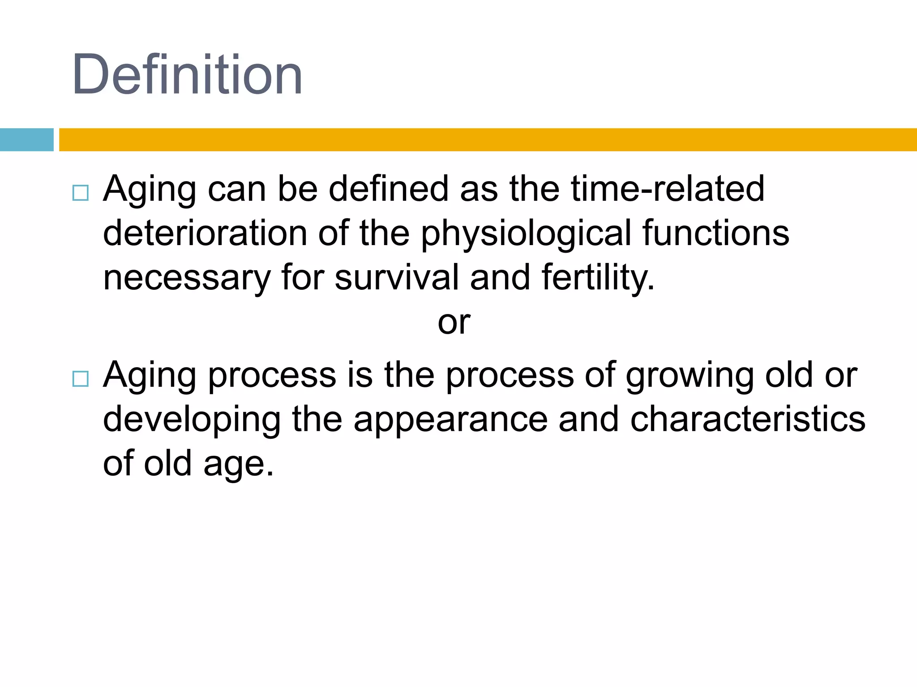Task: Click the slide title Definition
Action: [x=187, y=75]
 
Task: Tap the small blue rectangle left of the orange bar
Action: [x=26, y=140]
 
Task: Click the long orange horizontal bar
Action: [x=487, y=140]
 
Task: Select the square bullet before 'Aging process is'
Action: [x=80, y=379]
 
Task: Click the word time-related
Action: [x=667, y=189]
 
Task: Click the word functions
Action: [x=716, y=233]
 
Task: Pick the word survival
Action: [x=397, y=277]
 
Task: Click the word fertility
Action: [x=598, y=278]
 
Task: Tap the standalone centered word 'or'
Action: [x=454, y=322]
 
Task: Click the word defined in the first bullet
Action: [x=388, y=189]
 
